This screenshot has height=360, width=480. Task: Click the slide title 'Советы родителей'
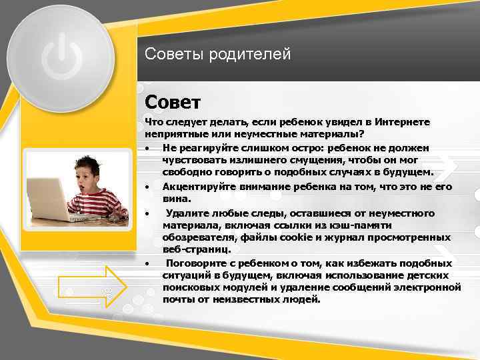click(218, 54)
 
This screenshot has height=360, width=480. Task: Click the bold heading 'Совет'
click(172, 103)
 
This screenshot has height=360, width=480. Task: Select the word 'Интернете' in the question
click(403, 123)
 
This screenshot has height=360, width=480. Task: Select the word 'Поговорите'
click(195, 263)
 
